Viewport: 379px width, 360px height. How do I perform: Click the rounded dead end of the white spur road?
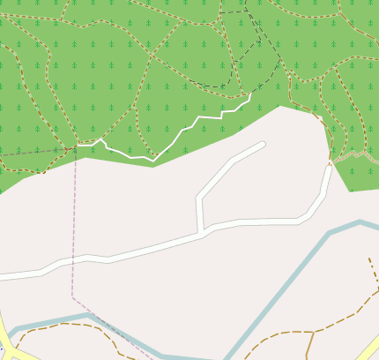point(262,144)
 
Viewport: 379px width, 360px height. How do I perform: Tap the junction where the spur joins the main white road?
point(202,232)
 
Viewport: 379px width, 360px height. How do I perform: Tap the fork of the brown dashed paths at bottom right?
point(312,332)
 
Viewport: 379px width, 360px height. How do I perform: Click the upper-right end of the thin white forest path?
point(250,94)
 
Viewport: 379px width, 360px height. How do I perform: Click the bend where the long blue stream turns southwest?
point(329,234)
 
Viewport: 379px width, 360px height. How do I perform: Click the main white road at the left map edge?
point(4,276)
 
